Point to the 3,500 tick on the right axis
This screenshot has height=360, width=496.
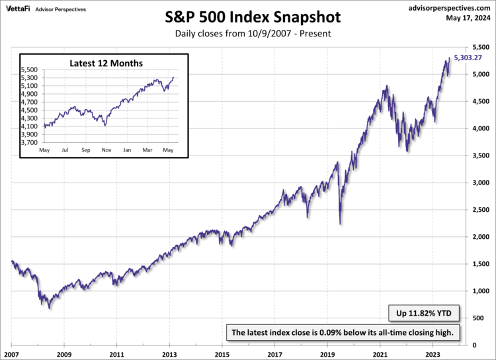(481, 156)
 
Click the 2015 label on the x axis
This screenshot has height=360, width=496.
(222, 353)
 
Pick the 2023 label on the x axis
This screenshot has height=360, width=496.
(433, 353)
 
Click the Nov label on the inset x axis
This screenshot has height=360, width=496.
(106, 151)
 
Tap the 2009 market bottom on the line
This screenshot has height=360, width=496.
(49, 308)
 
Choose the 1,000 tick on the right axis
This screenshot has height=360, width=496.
(481, 291)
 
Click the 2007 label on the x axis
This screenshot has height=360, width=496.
(12, 353)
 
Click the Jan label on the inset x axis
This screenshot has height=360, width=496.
(127, 151)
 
